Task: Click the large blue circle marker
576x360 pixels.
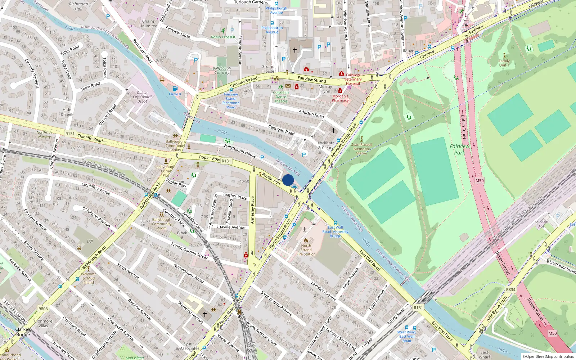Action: point(288,180)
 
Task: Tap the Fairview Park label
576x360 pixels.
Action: point(459,149)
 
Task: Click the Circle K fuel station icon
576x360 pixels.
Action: point(175,89)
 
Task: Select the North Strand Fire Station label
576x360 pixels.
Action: point(306,250)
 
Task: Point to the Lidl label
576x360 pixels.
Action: point(90,241)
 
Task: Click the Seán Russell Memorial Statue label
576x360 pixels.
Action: point(361,149)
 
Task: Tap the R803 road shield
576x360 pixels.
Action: point(43,309)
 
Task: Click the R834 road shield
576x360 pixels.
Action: point(510,289)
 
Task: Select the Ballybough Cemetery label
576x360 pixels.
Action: point(222,70)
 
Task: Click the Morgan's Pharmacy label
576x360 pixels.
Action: point(340,98)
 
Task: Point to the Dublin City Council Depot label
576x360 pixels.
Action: point(142,97)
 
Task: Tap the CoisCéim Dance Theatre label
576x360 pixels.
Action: point(281,97)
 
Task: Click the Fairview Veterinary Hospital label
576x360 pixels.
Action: point(353,79)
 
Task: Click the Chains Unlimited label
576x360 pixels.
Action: point(148,24)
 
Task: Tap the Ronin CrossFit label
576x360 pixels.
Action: point(223,37)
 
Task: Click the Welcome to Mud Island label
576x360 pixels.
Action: point(89,278)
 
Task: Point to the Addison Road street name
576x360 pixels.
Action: point(311,114)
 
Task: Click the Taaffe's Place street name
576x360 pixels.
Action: point(235,196)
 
